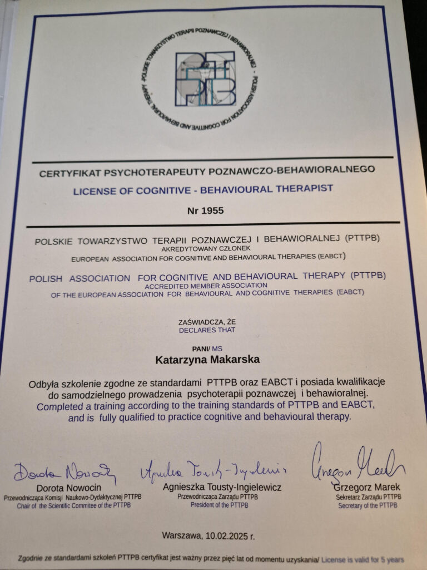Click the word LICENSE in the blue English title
click(91, 190)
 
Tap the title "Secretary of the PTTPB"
click(368, 505)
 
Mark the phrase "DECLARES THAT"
click(207, 330)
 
